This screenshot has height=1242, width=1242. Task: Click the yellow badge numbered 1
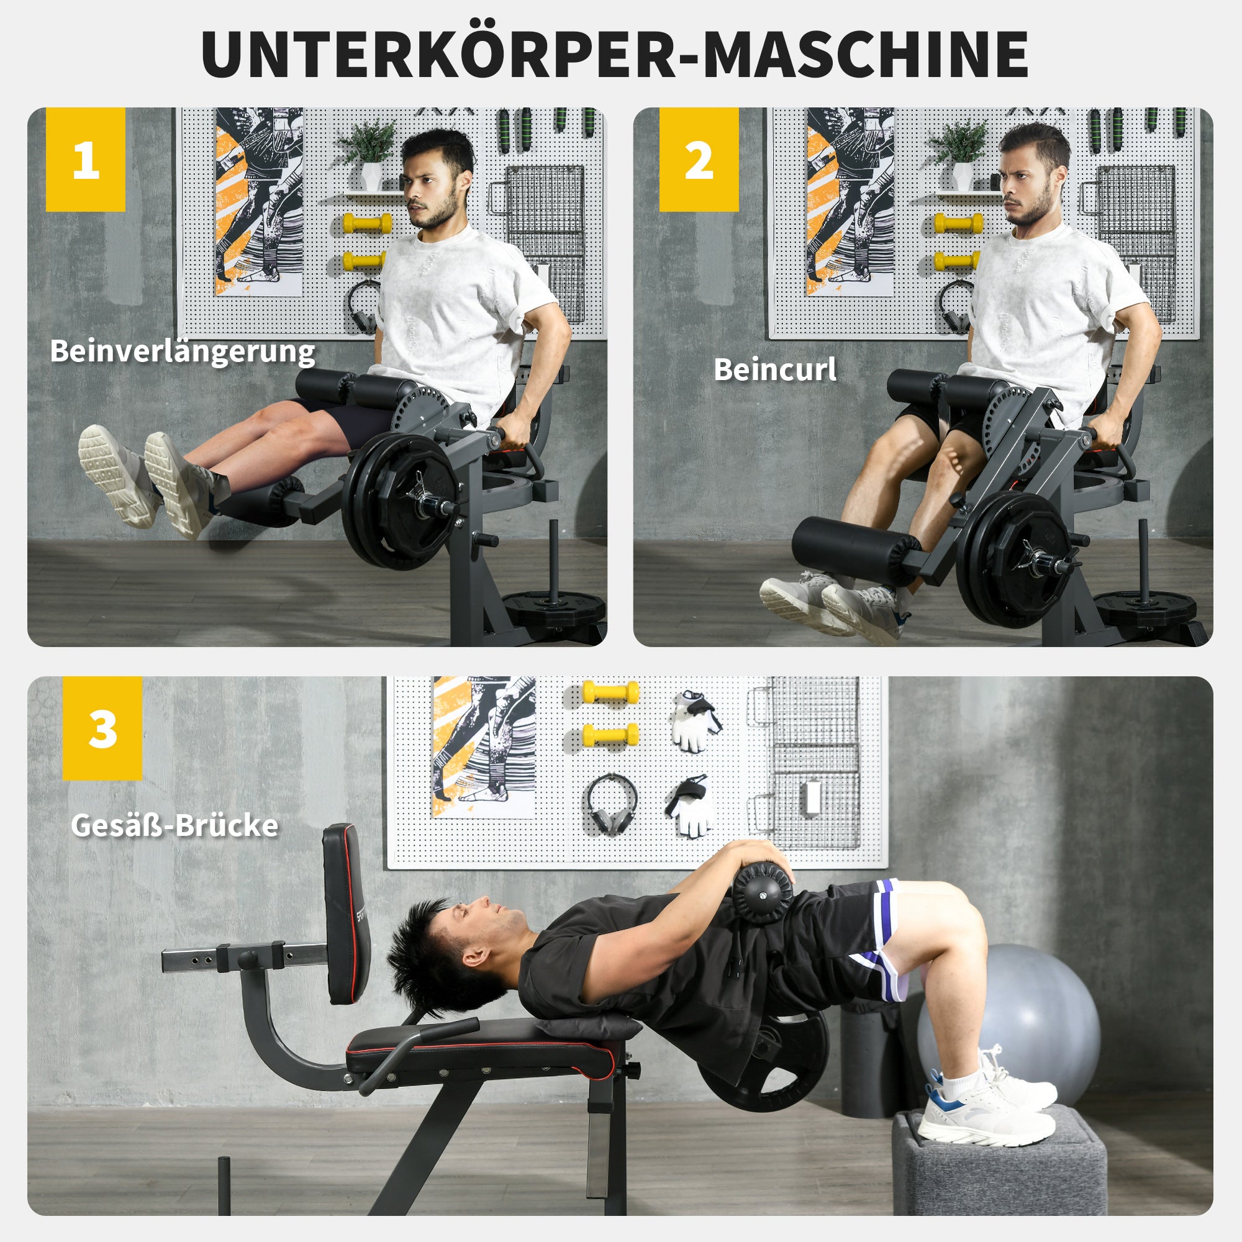pos(86,159)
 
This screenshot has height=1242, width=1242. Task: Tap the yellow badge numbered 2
pos(698,159)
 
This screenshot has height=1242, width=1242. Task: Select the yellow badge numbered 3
pos(102,728)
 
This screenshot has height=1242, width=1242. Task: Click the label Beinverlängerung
pos(183,351)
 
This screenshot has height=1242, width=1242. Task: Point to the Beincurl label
pos(774,369)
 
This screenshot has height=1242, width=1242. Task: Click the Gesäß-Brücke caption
pos(175,825)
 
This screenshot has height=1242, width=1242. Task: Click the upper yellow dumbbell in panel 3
pos(610,692)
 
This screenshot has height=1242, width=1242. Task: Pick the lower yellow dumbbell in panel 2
pos(956,261)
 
